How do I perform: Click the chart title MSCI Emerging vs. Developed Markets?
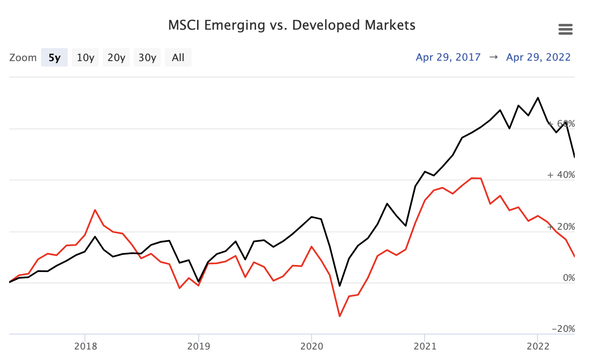coord(292,25)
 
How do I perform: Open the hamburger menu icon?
coord(565,30)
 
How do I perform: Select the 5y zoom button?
coord(54,58)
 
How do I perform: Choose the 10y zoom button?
coord(85,58)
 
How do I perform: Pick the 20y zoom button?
coord(116,58)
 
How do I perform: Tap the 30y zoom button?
coord(147,58)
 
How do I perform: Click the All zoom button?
coord(178,58)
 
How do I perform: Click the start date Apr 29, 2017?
coord(448,57)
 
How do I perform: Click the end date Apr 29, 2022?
coord(538,57)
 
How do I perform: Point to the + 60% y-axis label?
coord(561,124)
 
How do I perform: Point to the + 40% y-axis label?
coord(561,175)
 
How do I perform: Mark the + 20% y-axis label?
coord(561,227)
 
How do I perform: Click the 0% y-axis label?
coord(569,278)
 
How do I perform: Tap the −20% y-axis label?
coord(563,329)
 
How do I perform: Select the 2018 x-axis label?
coord(85,346)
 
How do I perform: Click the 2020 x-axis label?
coord(312,346)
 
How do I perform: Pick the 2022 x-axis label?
coord(538,346)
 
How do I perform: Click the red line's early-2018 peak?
coord(95,210)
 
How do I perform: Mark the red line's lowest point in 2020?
coord(340,316)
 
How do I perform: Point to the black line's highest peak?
coord(538,98)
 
